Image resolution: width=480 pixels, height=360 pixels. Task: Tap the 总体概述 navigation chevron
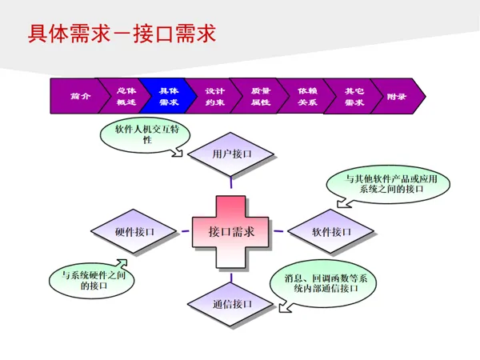pyautogui.click(x=126, y=96)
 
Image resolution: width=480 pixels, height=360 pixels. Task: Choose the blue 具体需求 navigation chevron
pyautogui.click(x=169, y=96)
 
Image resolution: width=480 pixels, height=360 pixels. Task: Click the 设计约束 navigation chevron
pyautogui.click(x=214, y=96)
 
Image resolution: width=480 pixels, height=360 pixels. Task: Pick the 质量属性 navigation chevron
pyautogui.click(x=261, y=96)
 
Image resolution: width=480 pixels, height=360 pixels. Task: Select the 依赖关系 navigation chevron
pyautogui.click(x=306, y=96)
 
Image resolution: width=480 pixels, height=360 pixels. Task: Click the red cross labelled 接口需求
pyautogui.click(x=231, y=232)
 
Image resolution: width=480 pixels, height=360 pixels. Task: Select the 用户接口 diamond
pyautogui.click(x=231, y=154)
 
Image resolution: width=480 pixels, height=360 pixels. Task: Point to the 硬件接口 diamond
pyautogui.click(x=134, y=232)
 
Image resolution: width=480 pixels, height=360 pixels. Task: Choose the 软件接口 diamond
pyautogui.click(x=330, y=232)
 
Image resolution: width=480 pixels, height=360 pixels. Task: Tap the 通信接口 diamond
pyautogui.click(x=232, y=303)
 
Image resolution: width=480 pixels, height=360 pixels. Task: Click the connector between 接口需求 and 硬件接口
pyautogui.click(x=185, y=232)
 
